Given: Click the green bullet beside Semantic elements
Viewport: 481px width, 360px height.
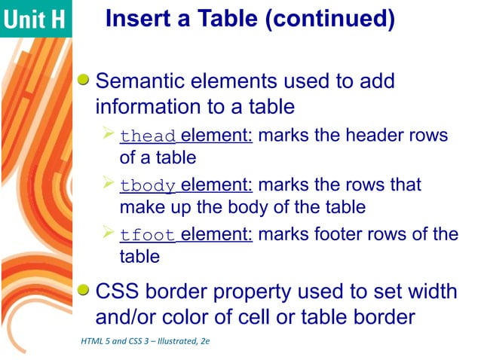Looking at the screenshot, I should click(85, 79).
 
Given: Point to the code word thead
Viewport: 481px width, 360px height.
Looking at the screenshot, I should click(148, 136).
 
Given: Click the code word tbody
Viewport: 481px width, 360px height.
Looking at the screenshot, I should click(148, 185).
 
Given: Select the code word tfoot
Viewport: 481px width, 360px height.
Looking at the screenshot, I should click(148, 235).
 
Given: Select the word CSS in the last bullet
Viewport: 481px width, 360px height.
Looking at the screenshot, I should click(119, 291).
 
